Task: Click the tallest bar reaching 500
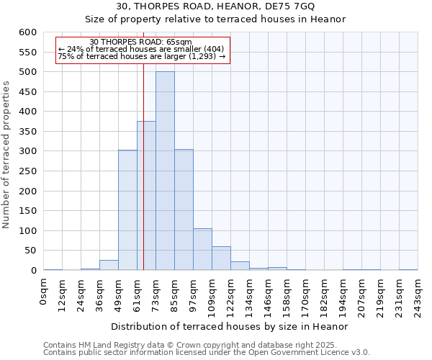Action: coord(165,171)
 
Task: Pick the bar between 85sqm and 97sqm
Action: coord(184,210)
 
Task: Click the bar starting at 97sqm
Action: coord(202,249)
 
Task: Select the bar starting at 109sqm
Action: coord(221,258)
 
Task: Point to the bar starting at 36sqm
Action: coord(109,265)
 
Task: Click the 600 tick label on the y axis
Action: coord(27,32)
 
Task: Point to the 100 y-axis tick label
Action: coord(27,231)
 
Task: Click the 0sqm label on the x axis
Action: coord(44,292)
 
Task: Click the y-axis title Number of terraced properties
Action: coord(7,155)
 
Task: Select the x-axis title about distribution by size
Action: coord(230,326)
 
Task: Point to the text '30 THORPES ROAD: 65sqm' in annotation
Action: coord(141,42)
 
